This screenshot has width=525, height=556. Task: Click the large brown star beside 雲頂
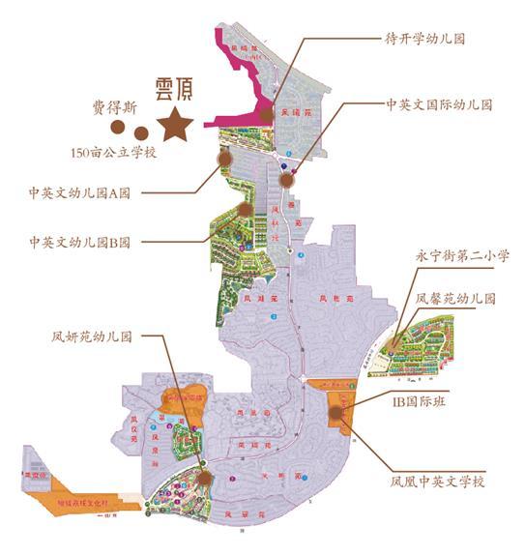176,124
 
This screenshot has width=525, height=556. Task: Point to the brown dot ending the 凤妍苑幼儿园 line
205,476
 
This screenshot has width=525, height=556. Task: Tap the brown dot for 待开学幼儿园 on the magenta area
267,115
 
